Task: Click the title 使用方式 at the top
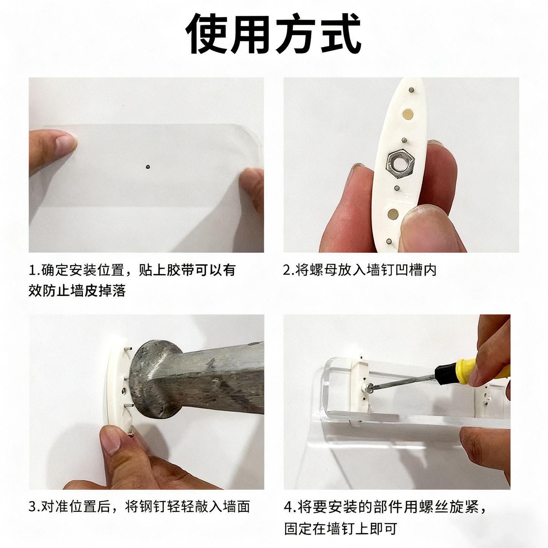click(x=274, y=33)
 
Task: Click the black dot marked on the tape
click(x=147, y=167)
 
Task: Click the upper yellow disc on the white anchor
click(x=408, y=114)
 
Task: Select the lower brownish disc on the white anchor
click(x=393, y=214)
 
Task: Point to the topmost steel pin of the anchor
click(x=411, y=90)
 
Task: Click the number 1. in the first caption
click(x=35, y=270)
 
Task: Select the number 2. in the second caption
click(x=289, y=270)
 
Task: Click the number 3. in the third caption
click(x=35, y=507)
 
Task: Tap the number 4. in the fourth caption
click(x=290, y=507)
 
